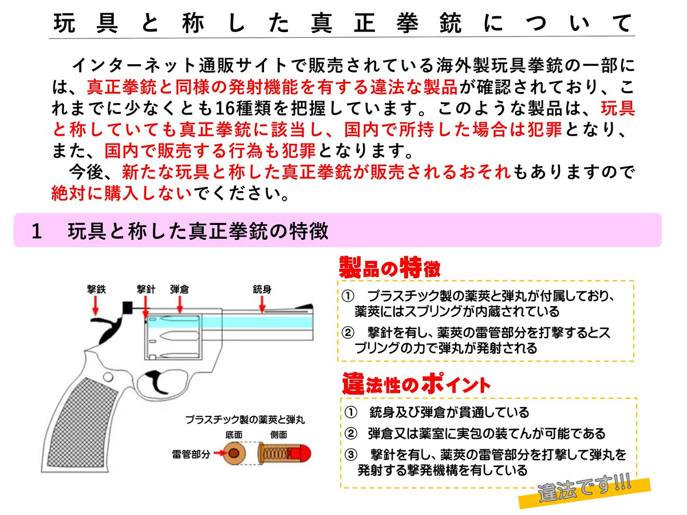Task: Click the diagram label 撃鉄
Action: (x=96, y=289)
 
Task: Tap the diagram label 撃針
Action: (x=146, y=289)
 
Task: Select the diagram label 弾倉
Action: (x=180, y=289)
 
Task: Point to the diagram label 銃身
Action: (x=262, y=289)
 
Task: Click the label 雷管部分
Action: (x=191, y=454)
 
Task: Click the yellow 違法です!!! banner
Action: (x=584, y=491)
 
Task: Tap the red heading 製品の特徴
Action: (x=389, y=267)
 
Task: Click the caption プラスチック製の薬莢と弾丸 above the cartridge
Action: (x=244, y=419)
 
